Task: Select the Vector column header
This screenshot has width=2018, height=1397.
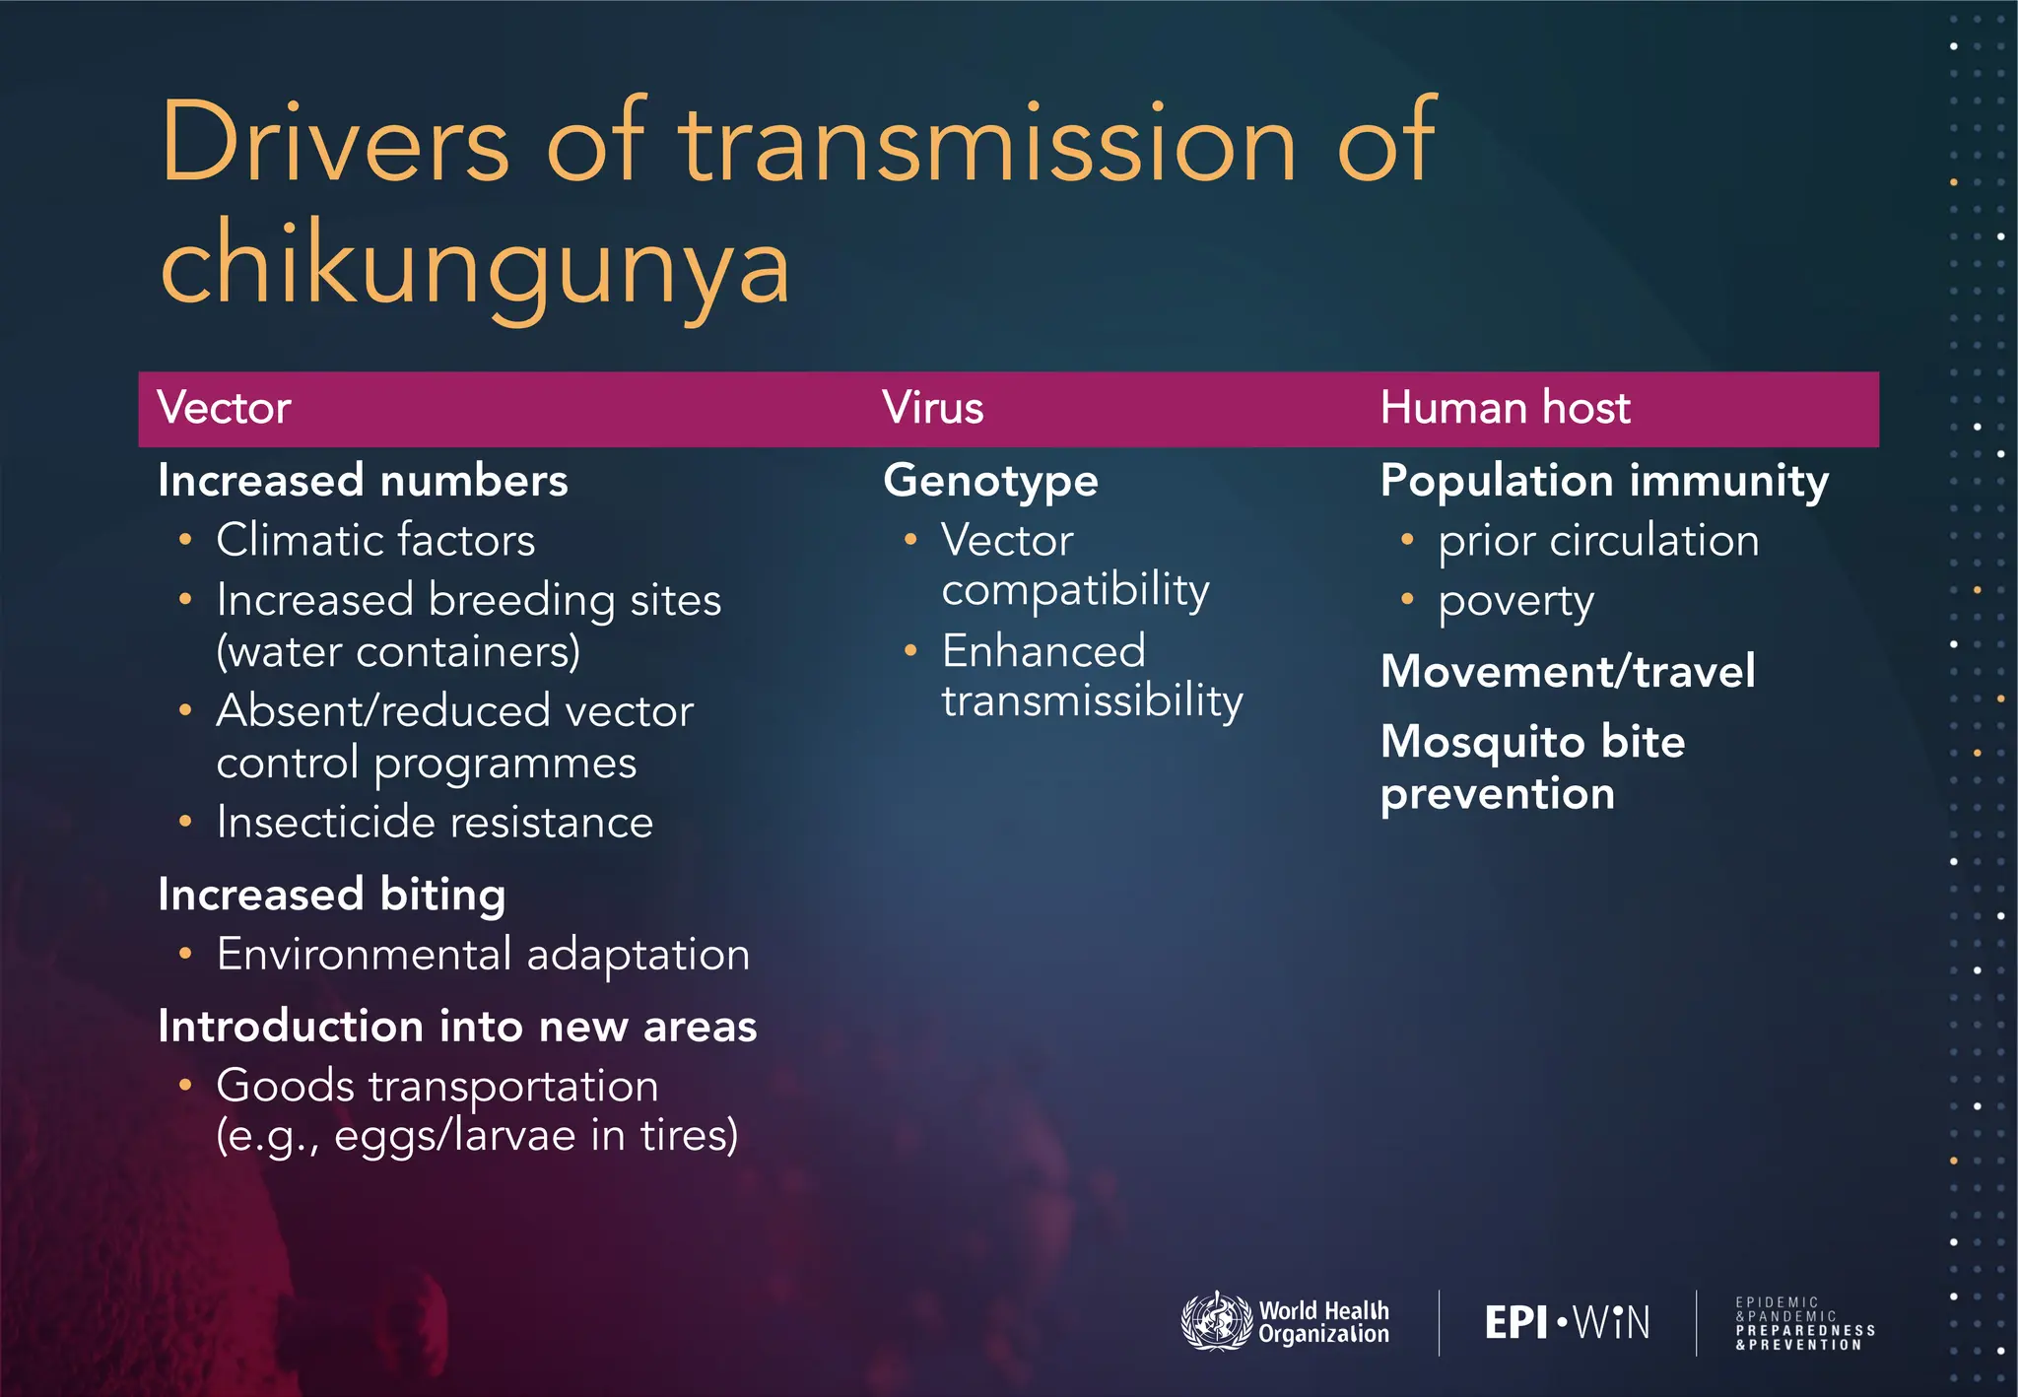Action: [x=224, y=408]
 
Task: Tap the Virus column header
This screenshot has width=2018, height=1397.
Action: [x=932, y=408]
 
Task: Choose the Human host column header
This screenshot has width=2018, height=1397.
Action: [x=1505, y=408]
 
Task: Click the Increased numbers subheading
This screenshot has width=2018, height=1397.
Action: [x=363, y=481]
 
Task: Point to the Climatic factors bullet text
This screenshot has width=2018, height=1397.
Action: [x=375, y=540]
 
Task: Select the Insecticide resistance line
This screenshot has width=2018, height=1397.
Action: [x=435, y=822]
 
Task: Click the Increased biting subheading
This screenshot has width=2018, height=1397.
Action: [x=332, y=895]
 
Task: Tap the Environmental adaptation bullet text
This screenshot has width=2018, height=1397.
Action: [x=483, y=954]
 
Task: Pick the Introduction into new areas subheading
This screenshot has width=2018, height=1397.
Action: [x=457, y=1027]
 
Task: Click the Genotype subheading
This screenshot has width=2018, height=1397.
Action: [x=990, y=481]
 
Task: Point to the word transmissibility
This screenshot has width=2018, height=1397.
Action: [x=1092, y=700]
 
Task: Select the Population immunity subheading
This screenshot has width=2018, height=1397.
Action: [x=1604, y=481]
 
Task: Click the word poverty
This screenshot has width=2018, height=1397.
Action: [x=1515, y=601]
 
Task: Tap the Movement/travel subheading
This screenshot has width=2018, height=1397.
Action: [x=1568, y=672]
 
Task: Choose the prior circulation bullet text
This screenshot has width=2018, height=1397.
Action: [x=1598, y=540]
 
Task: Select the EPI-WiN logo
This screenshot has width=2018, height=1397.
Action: [x=1567, y=1322]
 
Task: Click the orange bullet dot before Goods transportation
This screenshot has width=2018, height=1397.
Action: [x=185, y=1086]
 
